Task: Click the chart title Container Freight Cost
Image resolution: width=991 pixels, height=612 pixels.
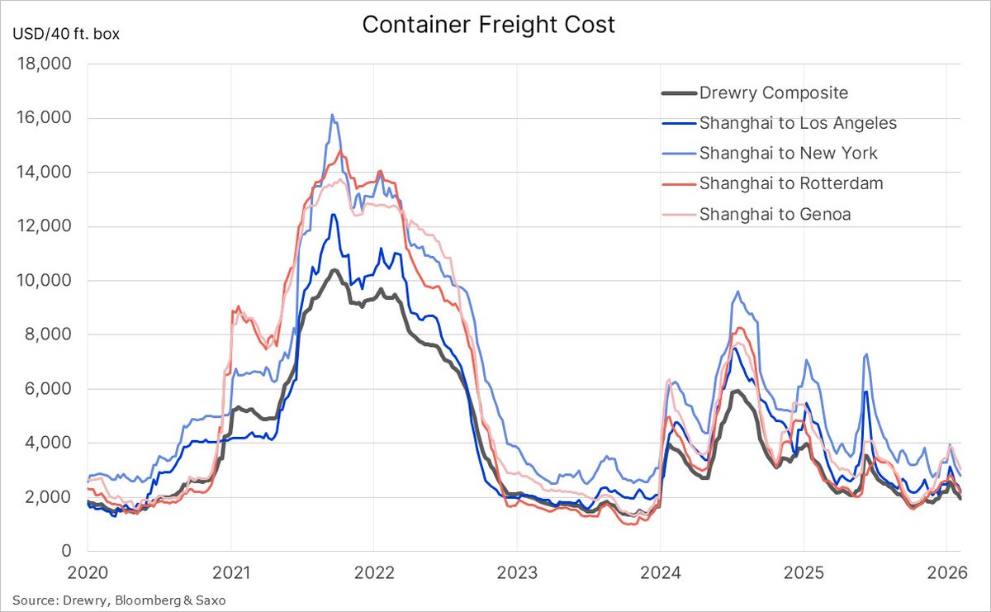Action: (488, 25)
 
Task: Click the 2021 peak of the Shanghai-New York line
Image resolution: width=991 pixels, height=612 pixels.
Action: (332, 115)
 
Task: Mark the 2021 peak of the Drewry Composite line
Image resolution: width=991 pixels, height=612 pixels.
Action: (333, 270)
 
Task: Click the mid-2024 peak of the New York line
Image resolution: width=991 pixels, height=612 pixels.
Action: (737, 292)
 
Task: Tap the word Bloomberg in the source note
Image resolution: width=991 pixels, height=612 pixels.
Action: (140, 600)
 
